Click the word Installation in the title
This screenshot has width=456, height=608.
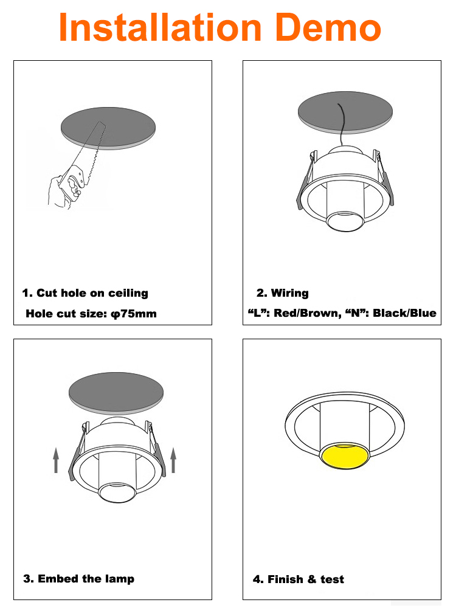point(160,27)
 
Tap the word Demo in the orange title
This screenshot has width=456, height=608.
point(330,27)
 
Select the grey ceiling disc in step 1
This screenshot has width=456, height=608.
point(108,128)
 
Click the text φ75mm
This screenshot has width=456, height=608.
point(134,314)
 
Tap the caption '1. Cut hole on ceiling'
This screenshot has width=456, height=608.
point(85,293)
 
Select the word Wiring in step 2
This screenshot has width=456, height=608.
point(289,293)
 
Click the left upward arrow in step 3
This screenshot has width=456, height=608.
point(56,460)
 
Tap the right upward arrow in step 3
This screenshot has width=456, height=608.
point(173,460)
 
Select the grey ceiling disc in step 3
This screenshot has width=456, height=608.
point(116,393)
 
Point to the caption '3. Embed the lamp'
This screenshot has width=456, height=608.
point(79,579)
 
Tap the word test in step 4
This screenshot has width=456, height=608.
point(333,579)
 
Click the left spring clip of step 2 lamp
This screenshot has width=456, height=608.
point(306,181)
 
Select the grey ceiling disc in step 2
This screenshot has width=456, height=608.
point(345,112)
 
